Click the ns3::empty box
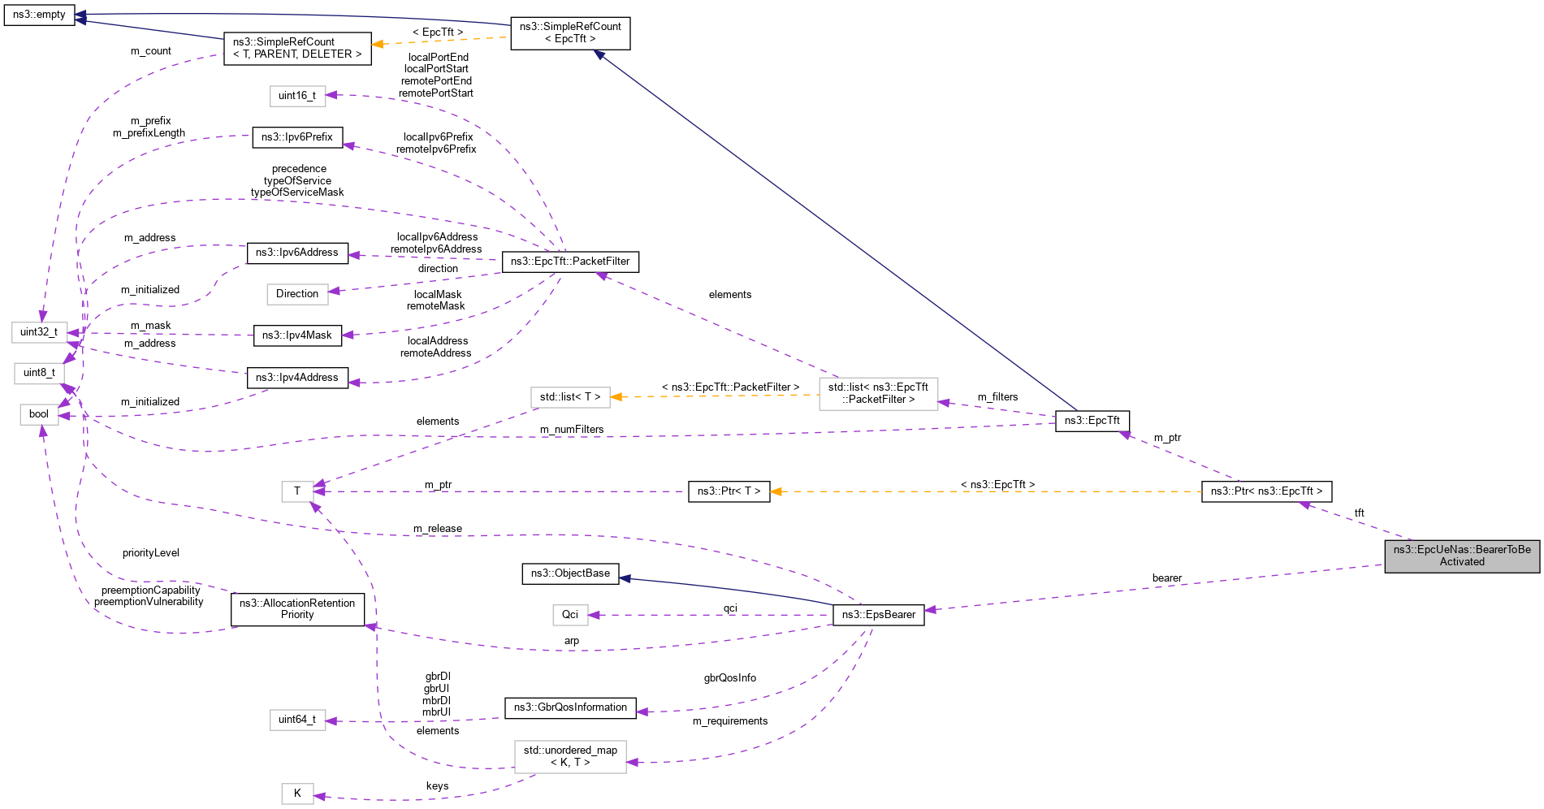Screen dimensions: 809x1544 pos(39,15)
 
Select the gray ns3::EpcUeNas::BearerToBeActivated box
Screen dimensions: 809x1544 pos(1461,556)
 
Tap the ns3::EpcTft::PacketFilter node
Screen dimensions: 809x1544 pos(570,262)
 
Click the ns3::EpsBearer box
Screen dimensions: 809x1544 pos(878,615)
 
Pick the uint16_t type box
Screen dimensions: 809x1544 pos(297,96)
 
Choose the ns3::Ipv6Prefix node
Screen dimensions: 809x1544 pos(297,137)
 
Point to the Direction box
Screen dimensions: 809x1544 pos(297,294)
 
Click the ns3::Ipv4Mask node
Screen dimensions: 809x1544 pos(297,335)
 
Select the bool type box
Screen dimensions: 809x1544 pos(39,414)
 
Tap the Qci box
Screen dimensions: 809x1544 pos(570,615)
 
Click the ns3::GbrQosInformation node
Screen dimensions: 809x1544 pos(570,707)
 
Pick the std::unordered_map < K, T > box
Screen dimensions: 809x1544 pos(570,756)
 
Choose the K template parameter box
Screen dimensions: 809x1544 pos(297,794)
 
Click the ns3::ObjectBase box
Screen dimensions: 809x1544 pos(570,573)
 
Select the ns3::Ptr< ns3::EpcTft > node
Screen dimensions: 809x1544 pos(1266,491)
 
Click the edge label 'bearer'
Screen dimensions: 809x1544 pos(1166,578)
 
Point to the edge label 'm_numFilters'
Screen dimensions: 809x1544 pos(572,430)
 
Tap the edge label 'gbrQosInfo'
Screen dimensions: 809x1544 pos(729,678)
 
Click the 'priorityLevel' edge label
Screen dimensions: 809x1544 pos(151,553)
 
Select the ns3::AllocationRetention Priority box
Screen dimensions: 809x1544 pos(297,609)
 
